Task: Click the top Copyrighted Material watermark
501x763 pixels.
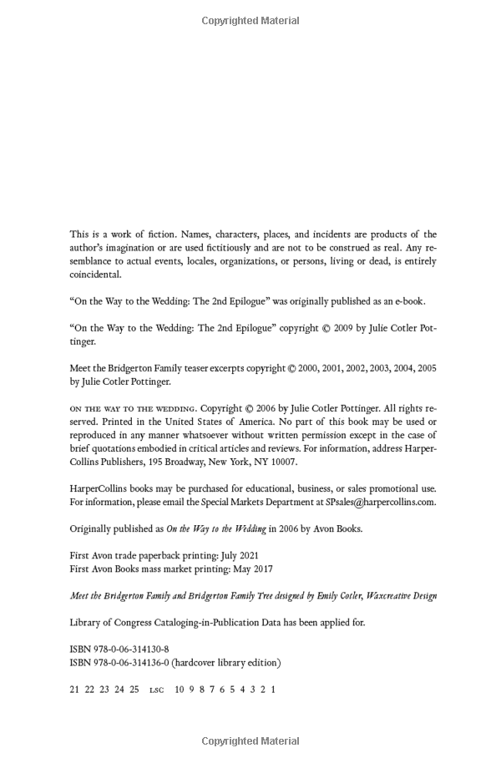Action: coord(250,20)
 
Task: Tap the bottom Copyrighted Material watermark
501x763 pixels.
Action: coord(250,741)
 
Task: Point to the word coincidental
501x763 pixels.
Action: coord(95,275)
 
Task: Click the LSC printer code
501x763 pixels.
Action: coord(157,690)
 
